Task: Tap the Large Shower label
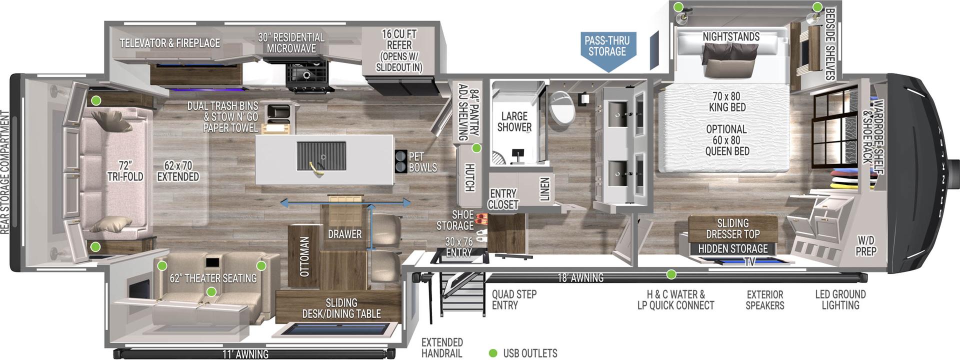click(514, 121)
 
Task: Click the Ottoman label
click(304, 256)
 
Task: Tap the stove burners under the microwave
click(306, 75)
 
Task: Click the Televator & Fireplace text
click(170, 43)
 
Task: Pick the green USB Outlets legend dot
click(493, 353)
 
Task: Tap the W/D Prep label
click(865, 245)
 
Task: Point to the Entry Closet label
click(502, 199)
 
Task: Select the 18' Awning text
click(580, 277)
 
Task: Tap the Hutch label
click(469, 177)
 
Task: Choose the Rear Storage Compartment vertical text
click(5, 172)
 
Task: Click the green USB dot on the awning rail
click(671, 274)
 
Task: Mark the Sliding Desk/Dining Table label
click(341, 308)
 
